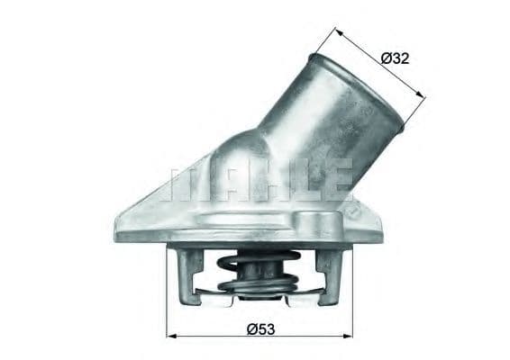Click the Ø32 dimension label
[x=396, y=58]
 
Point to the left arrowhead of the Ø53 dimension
[x=171, y=335]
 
